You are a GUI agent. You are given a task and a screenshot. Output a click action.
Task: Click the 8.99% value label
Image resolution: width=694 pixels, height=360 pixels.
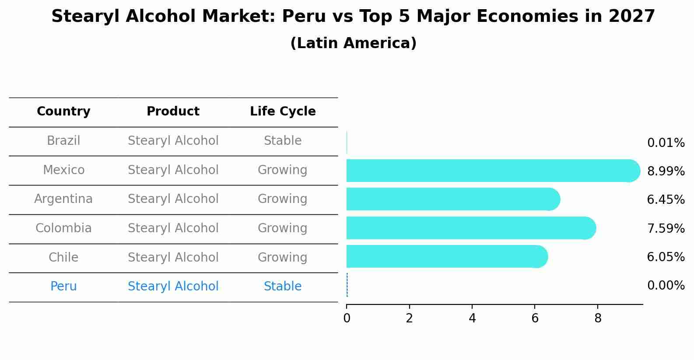[x=666, y=171]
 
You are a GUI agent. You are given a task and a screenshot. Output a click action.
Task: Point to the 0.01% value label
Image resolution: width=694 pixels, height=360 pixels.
[x=666, y=143]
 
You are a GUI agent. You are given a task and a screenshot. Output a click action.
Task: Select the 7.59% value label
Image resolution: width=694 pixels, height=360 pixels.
[x=666, y=228]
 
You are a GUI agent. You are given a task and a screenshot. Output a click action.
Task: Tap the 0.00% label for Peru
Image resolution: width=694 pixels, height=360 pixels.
[x=666, y=286]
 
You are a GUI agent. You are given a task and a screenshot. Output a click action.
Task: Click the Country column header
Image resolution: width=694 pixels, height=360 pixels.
[x=63, y=112]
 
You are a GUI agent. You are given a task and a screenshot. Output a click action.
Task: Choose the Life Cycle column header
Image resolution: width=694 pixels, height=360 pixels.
[x=283, y=112]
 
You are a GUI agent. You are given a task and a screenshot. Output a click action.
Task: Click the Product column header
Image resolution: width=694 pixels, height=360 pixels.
[x=173, y=112]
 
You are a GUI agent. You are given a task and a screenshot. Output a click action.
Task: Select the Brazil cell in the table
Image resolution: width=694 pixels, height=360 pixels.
[x=63, y=141]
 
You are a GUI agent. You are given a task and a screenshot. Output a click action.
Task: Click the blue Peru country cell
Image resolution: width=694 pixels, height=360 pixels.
[x=63, y=287]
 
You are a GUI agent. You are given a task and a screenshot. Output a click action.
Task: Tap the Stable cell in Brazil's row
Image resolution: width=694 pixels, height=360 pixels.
[x=283, y=141]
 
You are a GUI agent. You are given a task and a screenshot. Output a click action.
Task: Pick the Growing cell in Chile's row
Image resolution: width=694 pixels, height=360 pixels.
[x=283, y=257]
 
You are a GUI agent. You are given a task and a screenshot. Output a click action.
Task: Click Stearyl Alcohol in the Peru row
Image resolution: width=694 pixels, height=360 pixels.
[x=173, y=287]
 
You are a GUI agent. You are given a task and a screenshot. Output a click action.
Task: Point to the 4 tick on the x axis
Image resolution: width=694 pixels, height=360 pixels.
[x=472, y=318]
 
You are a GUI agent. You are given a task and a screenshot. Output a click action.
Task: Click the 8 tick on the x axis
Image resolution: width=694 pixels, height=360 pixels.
[x=598, y=318]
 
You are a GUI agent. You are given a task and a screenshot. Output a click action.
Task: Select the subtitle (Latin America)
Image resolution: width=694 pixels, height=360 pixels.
[x=353, y=43]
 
